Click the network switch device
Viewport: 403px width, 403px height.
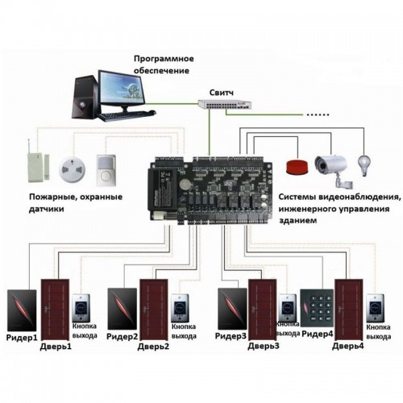pos(225,104)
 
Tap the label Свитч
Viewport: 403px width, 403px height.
pos(222,93)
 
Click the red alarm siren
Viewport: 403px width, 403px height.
pos(297,167)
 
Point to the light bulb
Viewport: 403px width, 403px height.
pos(364,165)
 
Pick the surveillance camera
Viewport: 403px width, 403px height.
pos(332,170)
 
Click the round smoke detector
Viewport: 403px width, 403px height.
pos(72,170)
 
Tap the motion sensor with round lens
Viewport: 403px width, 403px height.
pos(106,170)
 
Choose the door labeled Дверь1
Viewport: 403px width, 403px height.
pos(55,310)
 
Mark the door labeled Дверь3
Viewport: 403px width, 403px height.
pos(262,310)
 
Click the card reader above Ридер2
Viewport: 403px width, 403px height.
pos(122,309)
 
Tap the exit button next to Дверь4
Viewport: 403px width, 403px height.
pos(376,308)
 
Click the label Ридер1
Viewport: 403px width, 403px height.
pos(22,338)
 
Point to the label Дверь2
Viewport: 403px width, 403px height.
pos(153,347)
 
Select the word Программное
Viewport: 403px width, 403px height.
pos(164,59)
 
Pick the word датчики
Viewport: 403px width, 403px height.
pos(47,209)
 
